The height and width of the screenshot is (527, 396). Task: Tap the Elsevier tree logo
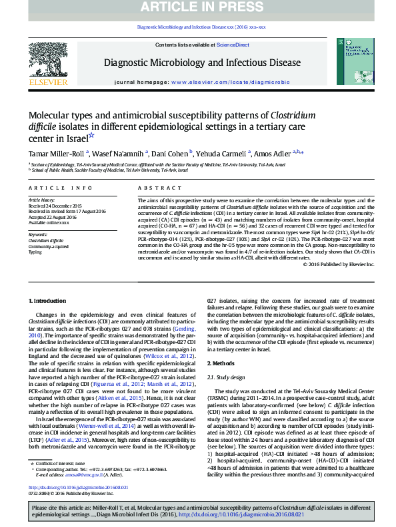[x=47, y=64]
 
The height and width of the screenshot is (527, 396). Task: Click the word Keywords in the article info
[x=38, y=235]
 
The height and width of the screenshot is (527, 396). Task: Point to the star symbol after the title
[x=92, y=136]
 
